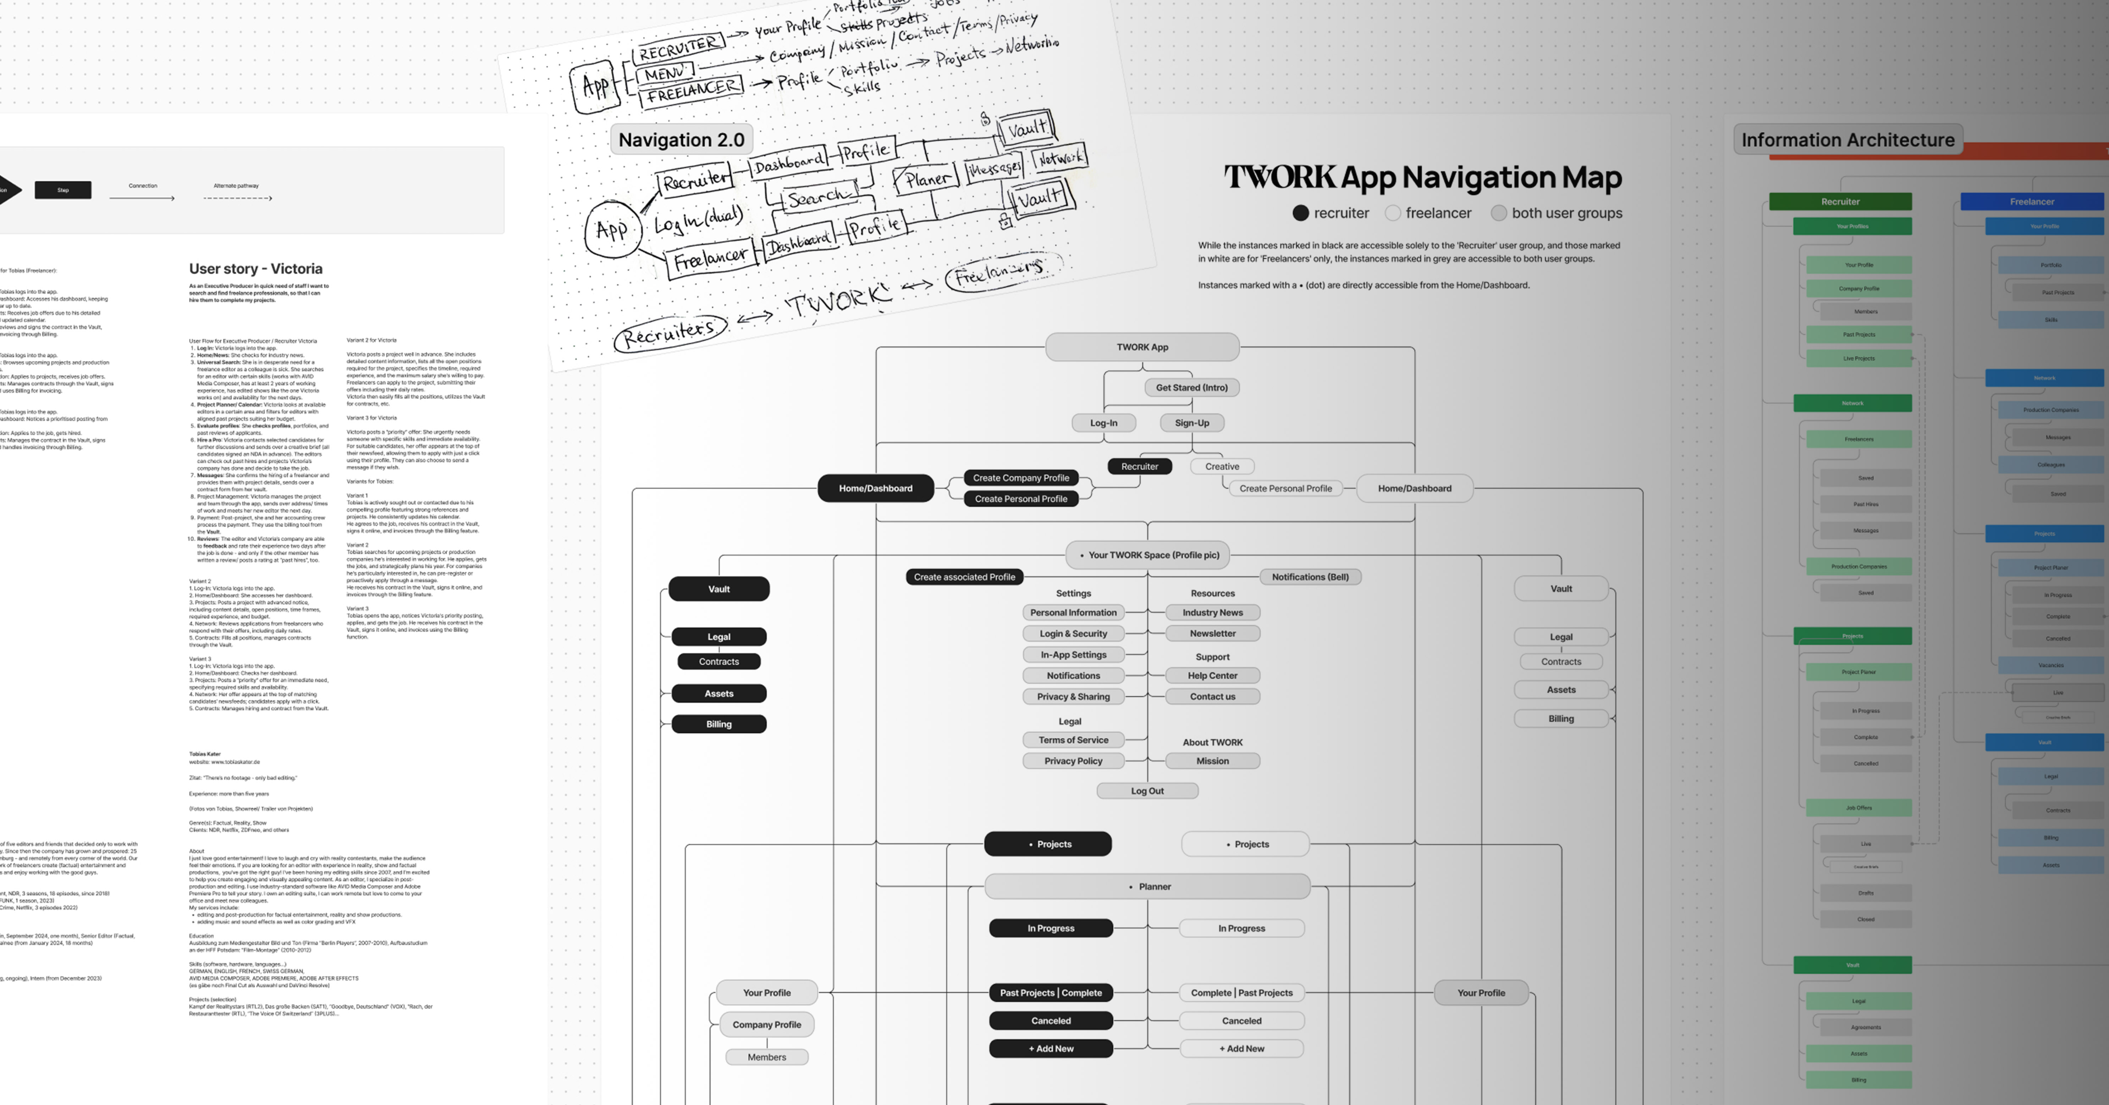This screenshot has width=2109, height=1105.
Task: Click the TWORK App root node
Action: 1142,347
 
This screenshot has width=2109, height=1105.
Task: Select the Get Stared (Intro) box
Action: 1191,387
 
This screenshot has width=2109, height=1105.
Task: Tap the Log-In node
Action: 1103,422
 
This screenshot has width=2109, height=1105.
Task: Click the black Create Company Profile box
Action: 1021,478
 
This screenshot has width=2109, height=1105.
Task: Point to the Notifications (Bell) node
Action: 1310,577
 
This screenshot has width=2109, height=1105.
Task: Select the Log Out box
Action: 1147,791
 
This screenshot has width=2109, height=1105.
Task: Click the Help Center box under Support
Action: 1212,675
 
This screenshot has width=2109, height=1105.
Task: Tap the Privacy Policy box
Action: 1073,760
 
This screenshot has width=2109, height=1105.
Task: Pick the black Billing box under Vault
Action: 719,723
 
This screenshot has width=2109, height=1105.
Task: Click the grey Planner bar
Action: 1147,887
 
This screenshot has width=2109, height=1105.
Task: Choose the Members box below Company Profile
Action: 766,1057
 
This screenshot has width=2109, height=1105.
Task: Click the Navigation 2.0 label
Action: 681,140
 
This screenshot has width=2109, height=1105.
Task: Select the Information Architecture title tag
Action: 1848,140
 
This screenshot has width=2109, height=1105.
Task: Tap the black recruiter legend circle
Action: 1300,213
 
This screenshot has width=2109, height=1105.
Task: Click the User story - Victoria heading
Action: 255,268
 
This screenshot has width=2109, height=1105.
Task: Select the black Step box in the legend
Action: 63,190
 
